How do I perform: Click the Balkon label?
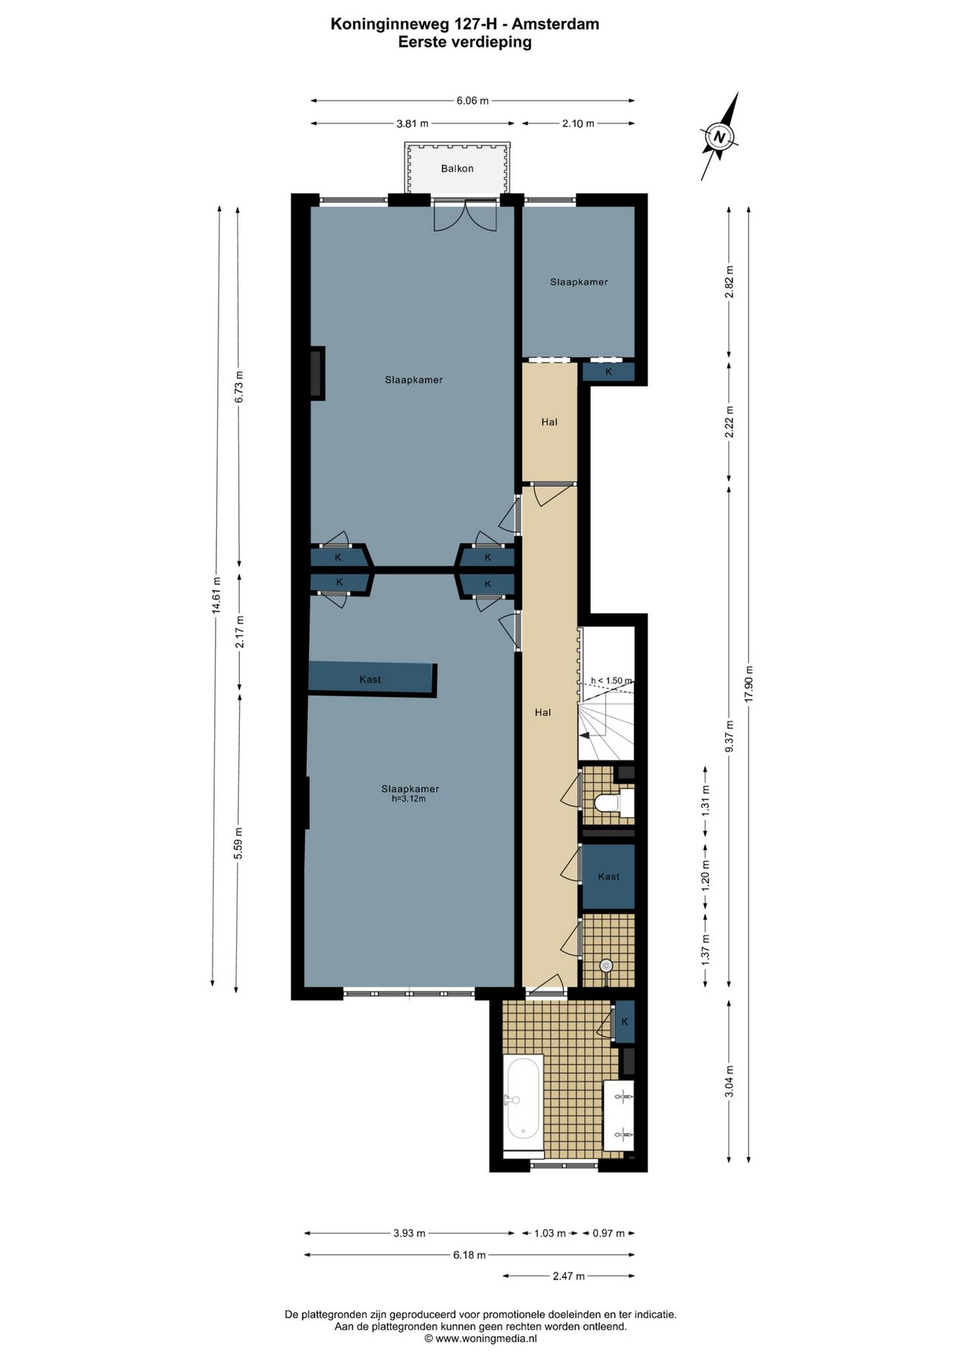tap(457, 169)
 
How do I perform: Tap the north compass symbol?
tap(719, 137)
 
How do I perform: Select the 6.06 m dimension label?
tap(472, 101)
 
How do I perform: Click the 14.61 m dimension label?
tap(216, 598)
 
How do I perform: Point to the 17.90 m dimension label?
tap(749, 683)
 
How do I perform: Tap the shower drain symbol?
tap(605, 966)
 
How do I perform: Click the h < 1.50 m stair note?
tap(611, 680)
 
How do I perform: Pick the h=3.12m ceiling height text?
tap(408, 798)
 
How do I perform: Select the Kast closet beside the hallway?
tap(608, 876)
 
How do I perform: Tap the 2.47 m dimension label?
tap(568, 1276)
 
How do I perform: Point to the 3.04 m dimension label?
tap(729, 1081)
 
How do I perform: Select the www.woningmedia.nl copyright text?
tap(480, 1338)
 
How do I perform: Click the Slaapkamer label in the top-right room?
tap(579, 282)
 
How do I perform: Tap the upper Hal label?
tap(549, 422)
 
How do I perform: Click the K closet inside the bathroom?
tap(625, 1022)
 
